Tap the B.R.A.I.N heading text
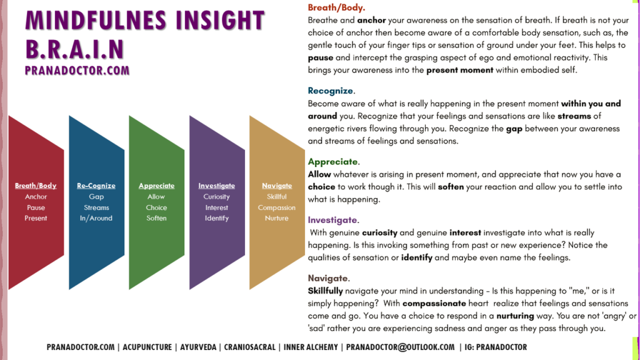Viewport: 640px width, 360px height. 75,49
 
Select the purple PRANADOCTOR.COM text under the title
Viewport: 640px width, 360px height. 77,71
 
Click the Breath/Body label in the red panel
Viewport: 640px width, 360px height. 36,186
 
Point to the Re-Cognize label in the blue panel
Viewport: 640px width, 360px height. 96,186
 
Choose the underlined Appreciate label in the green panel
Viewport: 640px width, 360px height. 156,186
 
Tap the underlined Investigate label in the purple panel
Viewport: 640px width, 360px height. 216,186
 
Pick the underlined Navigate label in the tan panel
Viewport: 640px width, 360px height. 277,186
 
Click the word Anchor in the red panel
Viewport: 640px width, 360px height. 36,197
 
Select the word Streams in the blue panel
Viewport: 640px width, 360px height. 96,207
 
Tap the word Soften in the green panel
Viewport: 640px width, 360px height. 156,218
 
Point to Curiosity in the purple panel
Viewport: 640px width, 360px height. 216,197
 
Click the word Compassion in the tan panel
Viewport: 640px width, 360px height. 276,207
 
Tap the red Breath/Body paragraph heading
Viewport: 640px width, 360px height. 336,7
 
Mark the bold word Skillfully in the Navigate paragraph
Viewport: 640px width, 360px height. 325,291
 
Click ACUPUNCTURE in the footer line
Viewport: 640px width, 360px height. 147,347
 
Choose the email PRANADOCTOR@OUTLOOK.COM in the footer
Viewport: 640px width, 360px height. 400,347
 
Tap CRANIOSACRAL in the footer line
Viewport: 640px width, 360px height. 250,347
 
